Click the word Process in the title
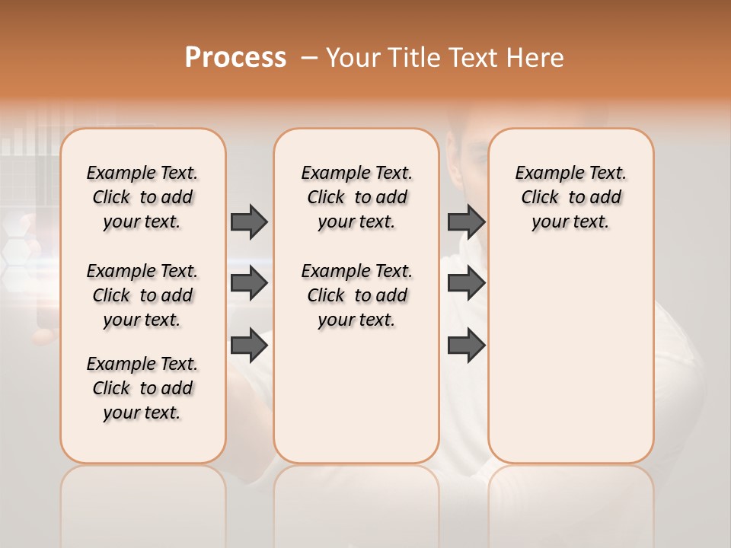235,57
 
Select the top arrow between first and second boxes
249,221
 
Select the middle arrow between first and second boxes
249,283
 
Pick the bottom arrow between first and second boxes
249,346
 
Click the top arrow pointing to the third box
466,221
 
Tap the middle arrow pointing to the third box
466,283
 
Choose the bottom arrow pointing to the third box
466,346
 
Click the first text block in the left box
142,197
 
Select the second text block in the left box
142,295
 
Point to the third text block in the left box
142,388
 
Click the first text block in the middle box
356,197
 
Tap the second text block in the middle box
356,295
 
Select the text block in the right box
570,197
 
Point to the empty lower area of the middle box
356,396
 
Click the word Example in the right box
544,173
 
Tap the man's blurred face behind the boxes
464,152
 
